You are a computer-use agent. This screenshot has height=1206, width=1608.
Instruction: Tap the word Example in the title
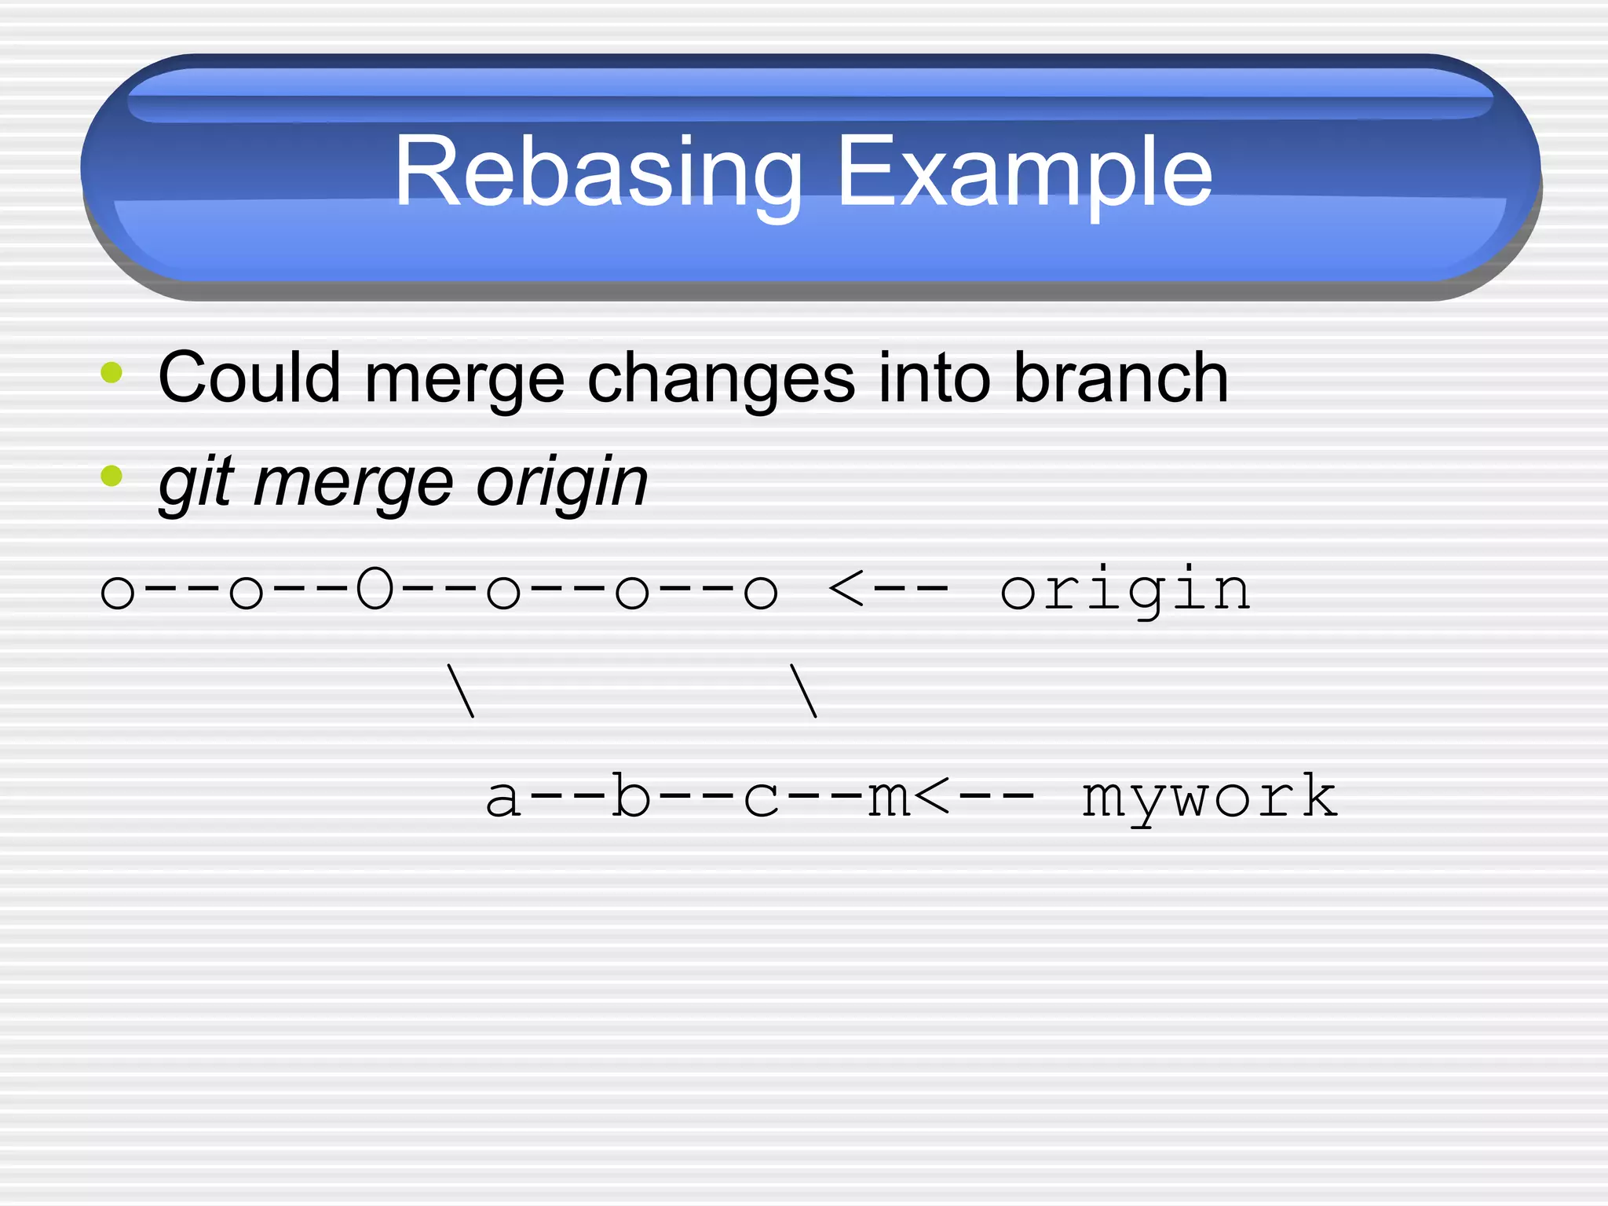pyautogui.click(x=1024, y=172)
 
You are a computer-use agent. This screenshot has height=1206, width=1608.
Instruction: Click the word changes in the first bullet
pyautogui.click(x=721, y=378)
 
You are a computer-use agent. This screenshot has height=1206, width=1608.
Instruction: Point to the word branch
pyautogui.click(x=1120, y=378)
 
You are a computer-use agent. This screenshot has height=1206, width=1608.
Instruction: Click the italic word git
pyautogui.click(x=196, y=482)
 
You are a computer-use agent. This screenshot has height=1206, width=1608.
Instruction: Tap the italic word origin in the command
pyautogui.click(x=561, y=482)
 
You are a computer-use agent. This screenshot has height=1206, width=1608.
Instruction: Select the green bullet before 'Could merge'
pyautogui.click(x=111, y=372)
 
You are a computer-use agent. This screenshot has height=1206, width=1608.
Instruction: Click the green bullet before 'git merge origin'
pyautogui.click(x=111, y=476)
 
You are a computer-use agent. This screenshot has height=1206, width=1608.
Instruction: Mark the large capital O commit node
pyautogui.click(x=374, y=590)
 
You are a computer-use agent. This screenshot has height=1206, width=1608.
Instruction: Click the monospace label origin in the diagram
pyautogui.click(x=1124, y=590)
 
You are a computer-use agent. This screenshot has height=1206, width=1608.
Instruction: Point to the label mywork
pyautogui.click(x=1209, y=797)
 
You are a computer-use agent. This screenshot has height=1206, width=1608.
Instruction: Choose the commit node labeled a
pyautogui.click(x=502, y=797)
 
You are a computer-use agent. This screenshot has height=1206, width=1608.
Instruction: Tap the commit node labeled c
pyautogui.click(x=760, y=797)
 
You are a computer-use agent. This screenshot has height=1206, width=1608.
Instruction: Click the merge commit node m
pyautogui.click(x=888, y=797)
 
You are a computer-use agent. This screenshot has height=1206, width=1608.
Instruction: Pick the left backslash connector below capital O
pyautogui.click(x=460, y=691)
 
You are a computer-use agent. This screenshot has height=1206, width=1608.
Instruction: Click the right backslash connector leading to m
pyautogui.click(x=803, y=691)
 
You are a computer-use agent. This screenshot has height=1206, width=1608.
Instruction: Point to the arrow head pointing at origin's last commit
pyautogui.click(x=846, y=590)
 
